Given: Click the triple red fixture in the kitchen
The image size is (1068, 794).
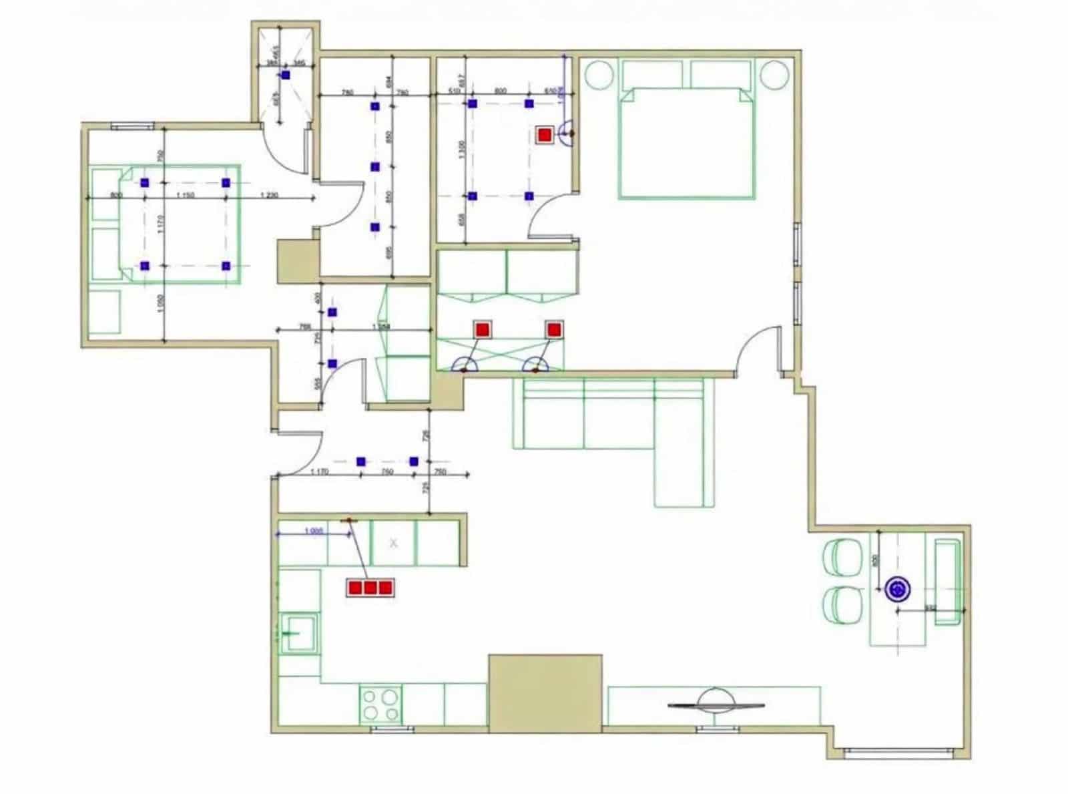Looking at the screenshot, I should (370, 588).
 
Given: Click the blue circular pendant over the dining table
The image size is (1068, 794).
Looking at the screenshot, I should (898, 588).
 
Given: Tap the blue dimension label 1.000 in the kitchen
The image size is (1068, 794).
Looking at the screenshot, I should (314, 531).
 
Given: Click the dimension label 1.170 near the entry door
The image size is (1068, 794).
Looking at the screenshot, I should (320, 471).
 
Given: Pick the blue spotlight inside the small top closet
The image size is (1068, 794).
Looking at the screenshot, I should (286, 75).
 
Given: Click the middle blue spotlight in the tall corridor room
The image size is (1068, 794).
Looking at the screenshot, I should (374, 166).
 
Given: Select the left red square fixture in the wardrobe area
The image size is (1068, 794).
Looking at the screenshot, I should (482, 329).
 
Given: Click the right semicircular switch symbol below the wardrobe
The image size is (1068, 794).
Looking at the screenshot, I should (535, 365).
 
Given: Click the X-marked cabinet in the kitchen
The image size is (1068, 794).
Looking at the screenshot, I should (393, 543).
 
